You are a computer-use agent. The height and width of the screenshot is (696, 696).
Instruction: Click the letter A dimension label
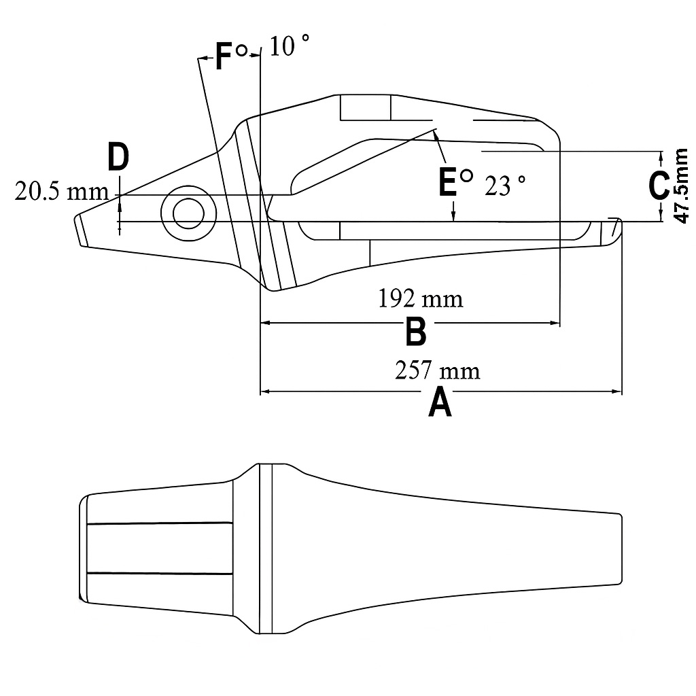tap(440, 402)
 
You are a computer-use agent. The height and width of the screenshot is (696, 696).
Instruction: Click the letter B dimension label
tap(415, 332)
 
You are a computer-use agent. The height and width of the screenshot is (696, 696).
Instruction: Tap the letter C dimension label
tap(659, 186)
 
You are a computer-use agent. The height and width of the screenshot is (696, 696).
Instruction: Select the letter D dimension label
tap(118, 157)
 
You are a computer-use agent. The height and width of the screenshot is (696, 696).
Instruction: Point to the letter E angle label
tap(447, 181)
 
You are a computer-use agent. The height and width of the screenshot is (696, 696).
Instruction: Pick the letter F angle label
tap(224, 56)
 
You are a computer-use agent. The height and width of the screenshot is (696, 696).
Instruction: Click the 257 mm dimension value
tap(437, 370)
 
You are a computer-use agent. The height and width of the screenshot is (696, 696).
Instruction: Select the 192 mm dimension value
tap(421, 298)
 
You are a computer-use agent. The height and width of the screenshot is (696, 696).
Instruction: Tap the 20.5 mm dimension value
tap(62, 192)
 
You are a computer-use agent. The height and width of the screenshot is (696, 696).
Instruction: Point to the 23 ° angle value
tap(506, 186)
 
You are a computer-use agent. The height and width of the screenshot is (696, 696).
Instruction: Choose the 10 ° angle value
tap(290, 46)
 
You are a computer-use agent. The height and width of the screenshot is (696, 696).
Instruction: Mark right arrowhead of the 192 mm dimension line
tap(555, 324)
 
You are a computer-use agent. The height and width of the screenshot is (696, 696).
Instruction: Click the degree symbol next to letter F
tap(241, 50)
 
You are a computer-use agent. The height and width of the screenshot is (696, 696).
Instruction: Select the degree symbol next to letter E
tap(466, 176)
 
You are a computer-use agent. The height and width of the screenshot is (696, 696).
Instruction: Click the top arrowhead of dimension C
tap(661, 156)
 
